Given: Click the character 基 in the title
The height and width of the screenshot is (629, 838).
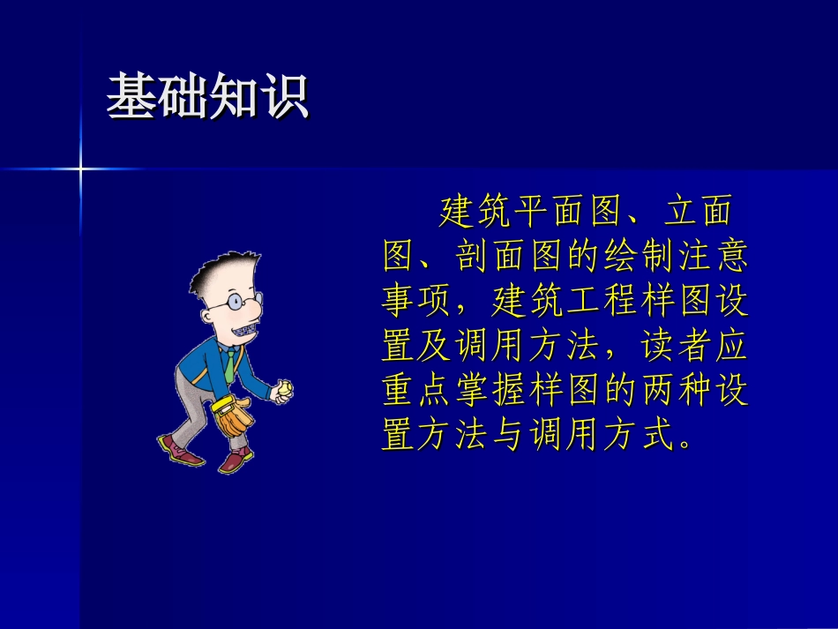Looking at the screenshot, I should pos(131,96).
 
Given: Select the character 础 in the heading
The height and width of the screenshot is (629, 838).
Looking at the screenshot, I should pos(183,96).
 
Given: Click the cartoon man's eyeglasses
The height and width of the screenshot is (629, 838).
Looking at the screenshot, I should pos(223,303).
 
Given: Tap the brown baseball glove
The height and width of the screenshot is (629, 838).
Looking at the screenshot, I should pos(234,417).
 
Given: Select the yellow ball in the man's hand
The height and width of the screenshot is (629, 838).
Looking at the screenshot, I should pos(285,389).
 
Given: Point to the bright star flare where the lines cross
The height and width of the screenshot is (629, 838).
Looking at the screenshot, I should pos(80,168).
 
